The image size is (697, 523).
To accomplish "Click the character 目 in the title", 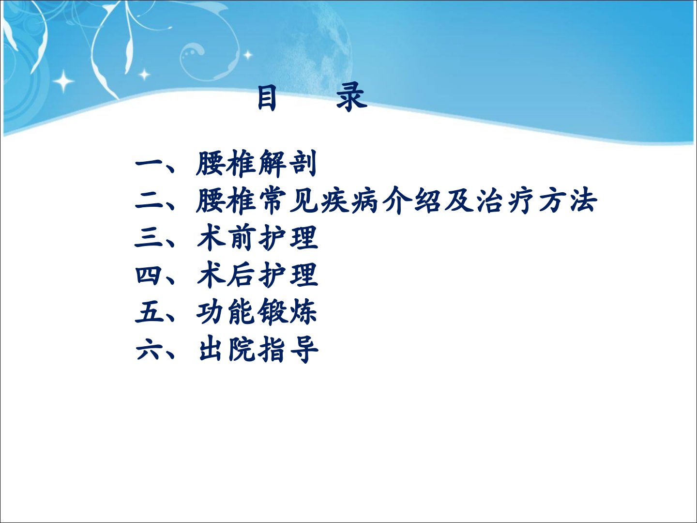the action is [266, 97].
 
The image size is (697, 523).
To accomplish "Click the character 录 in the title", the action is [352, 97].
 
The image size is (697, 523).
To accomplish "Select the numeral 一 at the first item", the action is [149, 165].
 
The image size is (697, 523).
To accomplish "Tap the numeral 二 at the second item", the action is [149, 201].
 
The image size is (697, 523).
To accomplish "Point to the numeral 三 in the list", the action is [149, 238].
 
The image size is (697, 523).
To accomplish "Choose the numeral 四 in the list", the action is [149, 275].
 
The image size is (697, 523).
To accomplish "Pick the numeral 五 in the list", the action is [149, 312].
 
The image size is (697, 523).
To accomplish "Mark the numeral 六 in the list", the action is [149, 349].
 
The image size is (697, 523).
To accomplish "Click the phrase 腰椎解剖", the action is [256, 164].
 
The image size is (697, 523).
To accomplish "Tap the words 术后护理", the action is [257, 275].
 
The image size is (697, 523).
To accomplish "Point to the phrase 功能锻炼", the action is [257, 312].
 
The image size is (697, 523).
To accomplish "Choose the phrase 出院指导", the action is [258, 349].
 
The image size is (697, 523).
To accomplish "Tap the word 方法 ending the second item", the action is [568, 200].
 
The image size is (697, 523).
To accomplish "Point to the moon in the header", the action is [305, 47].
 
